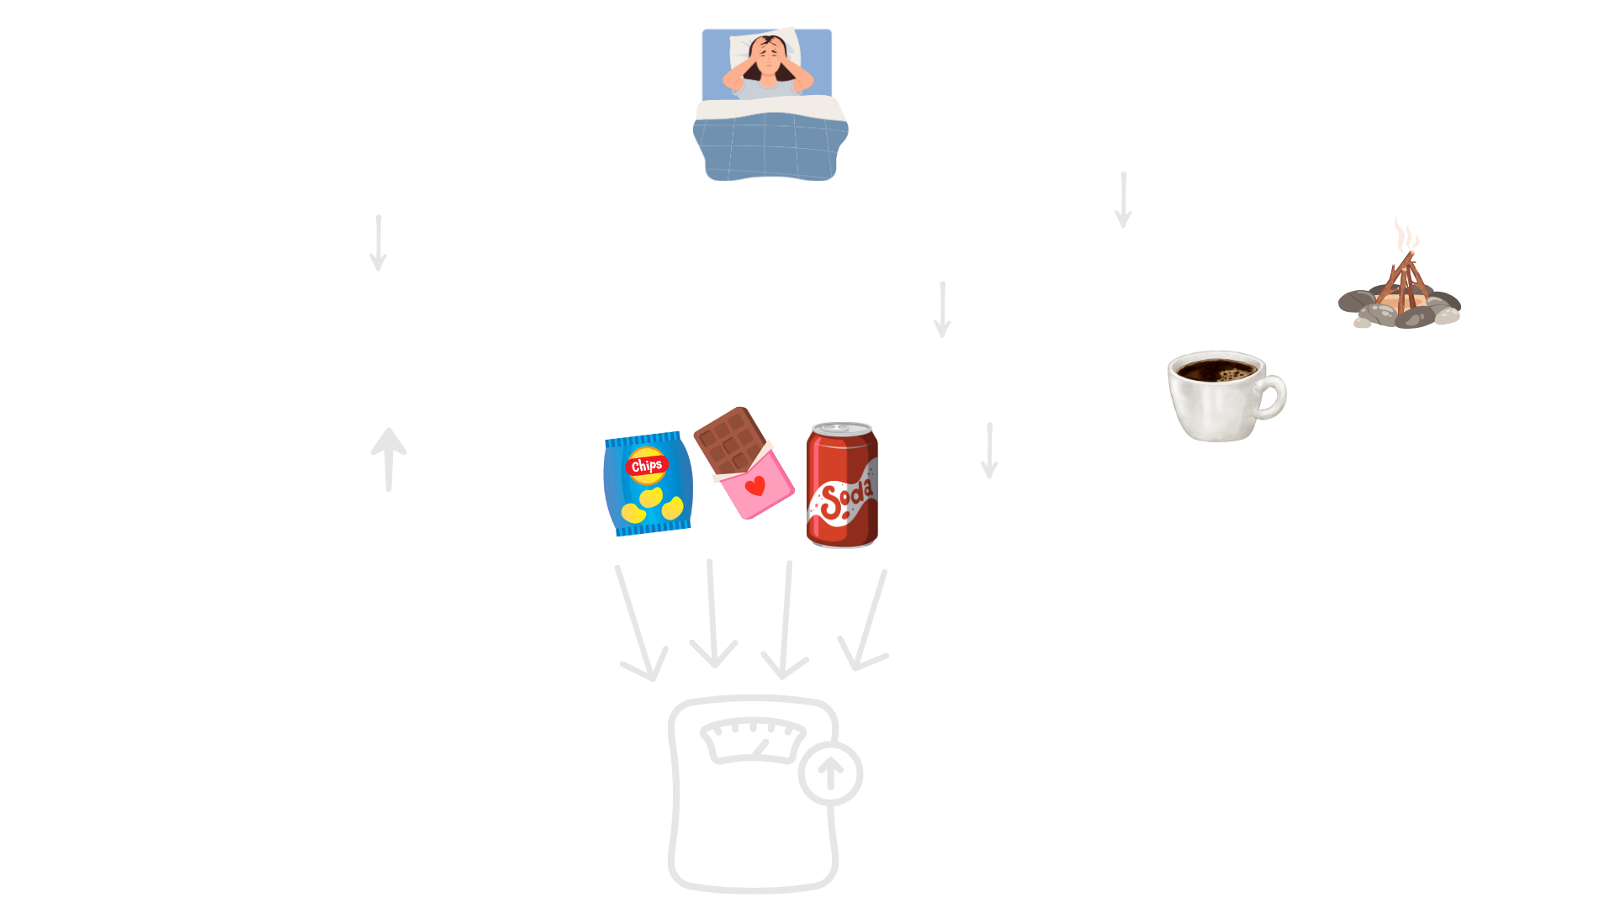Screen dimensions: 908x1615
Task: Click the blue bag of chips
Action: click(x=648, y=483)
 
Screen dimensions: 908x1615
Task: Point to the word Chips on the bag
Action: click(x=646, y=465)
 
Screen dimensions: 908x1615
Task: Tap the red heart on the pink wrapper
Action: click(x=755, y=486)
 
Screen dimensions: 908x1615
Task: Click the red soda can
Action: click(x=841, y=488)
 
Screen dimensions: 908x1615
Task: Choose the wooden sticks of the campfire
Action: click(x=1401, y=282)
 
